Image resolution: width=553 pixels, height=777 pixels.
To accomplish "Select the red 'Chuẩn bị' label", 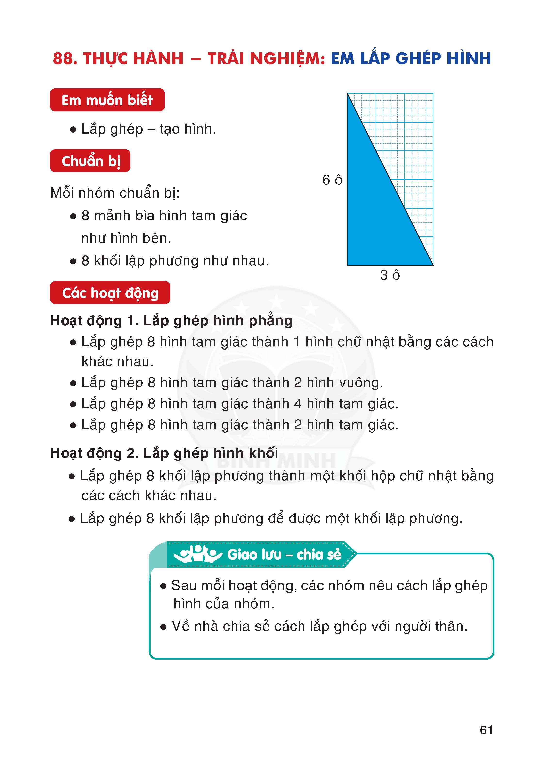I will click(90, 161).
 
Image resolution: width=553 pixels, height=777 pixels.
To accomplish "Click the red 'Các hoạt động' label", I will click(110, 293).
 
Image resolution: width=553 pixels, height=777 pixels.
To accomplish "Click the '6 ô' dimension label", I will click(332, 180).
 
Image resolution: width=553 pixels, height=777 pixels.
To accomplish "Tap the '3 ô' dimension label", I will click(390, 275).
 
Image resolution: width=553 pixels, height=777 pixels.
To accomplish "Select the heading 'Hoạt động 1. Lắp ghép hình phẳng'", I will click(171, 321).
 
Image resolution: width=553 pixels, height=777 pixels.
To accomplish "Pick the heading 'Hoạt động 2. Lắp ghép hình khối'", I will click(164, 453).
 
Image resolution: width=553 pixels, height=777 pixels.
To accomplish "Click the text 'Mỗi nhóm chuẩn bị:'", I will click(115, 193).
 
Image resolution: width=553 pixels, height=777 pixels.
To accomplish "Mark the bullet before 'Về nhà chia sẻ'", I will click(163, 627).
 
